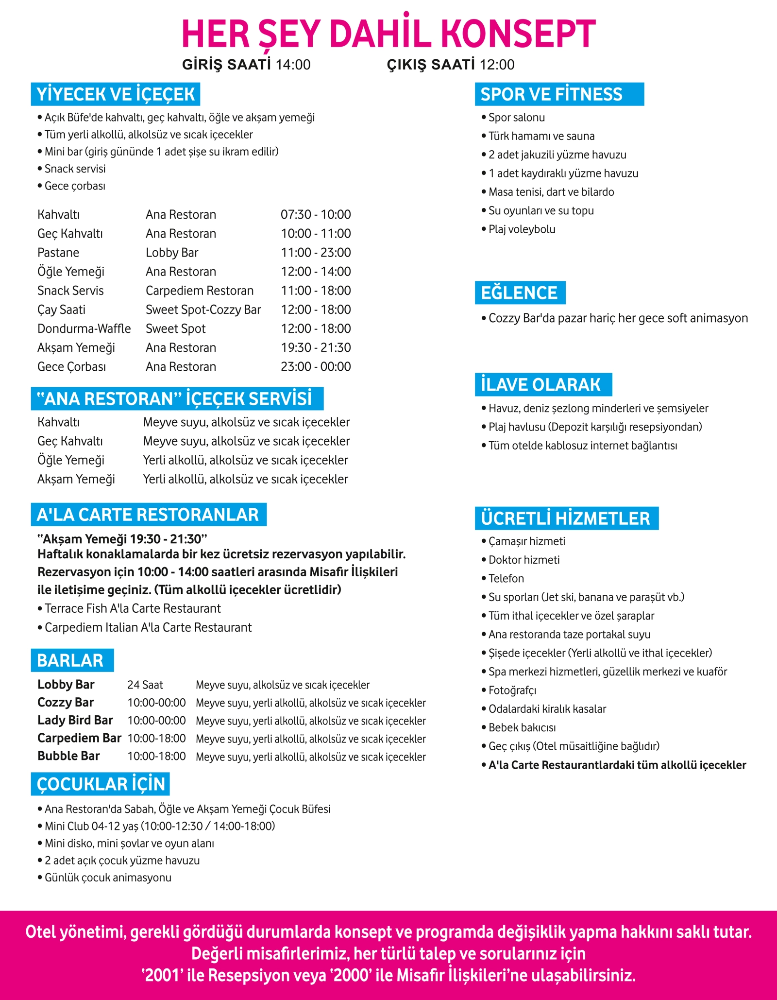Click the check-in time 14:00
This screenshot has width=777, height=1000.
tap(293, 65)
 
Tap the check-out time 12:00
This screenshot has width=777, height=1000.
tap(497, 65)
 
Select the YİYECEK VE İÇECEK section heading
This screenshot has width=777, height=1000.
tap(116, 94)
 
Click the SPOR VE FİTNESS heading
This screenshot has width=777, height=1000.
tap(551, 94)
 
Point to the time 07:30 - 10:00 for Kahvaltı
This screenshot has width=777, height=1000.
tap(316, 215)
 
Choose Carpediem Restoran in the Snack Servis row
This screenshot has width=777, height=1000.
tap(200, 291)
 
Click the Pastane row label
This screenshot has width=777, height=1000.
tap(58, 253)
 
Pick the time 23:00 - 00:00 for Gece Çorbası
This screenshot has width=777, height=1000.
tap(316, 367)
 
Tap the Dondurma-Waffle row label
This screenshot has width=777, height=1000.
tap(84, 329)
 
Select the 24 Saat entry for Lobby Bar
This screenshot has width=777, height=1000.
tap(145, 685)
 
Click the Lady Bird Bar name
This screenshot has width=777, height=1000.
tap(75, 721)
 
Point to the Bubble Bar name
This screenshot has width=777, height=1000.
tap(68, 757)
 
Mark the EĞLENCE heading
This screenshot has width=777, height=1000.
tap(519, 293)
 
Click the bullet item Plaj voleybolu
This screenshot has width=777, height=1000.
tap(522, 229)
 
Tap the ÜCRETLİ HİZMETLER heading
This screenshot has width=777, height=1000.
tap(565, 518)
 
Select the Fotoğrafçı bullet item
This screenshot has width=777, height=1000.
tap(512, 690)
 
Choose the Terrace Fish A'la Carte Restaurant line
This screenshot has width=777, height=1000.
tap(133, 609)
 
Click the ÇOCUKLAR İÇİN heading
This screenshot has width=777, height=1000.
tap(101, 784)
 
